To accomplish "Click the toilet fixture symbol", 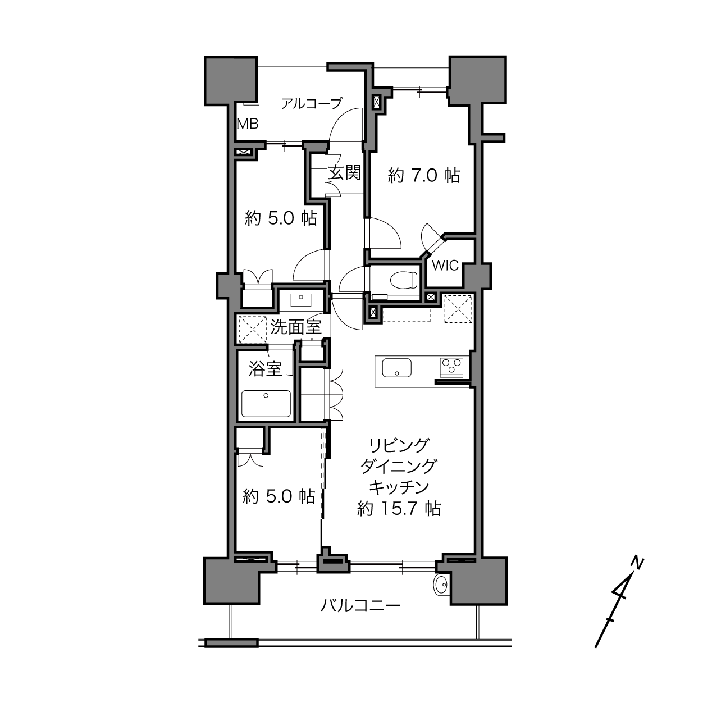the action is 404,280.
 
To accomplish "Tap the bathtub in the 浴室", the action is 266,404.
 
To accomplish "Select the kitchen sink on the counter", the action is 397,367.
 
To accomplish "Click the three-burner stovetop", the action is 451,367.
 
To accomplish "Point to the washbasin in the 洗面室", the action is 300,300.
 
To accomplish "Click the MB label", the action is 248,124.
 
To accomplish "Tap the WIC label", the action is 445,266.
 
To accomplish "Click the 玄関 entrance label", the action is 344,172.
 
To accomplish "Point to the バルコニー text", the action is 360,606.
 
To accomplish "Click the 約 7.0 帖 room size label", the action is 423,176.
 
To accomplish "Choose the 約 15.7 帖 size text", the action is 399,509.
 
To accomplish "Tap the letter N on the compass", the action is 637,563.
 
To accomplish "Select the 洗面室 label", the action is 296,327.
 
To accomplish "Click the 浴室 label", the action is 265,368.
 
